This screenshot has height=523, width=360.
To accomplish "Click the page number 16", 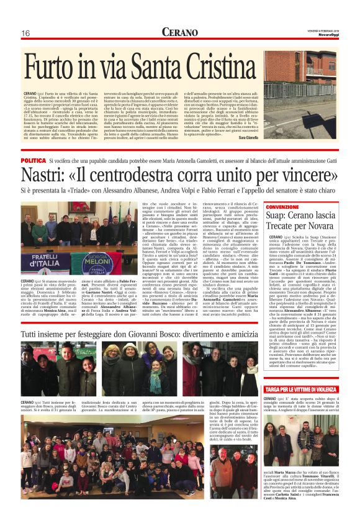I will (26, 32).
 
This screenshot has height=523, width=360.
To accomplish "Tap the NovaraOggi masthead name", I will (327, 35).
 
